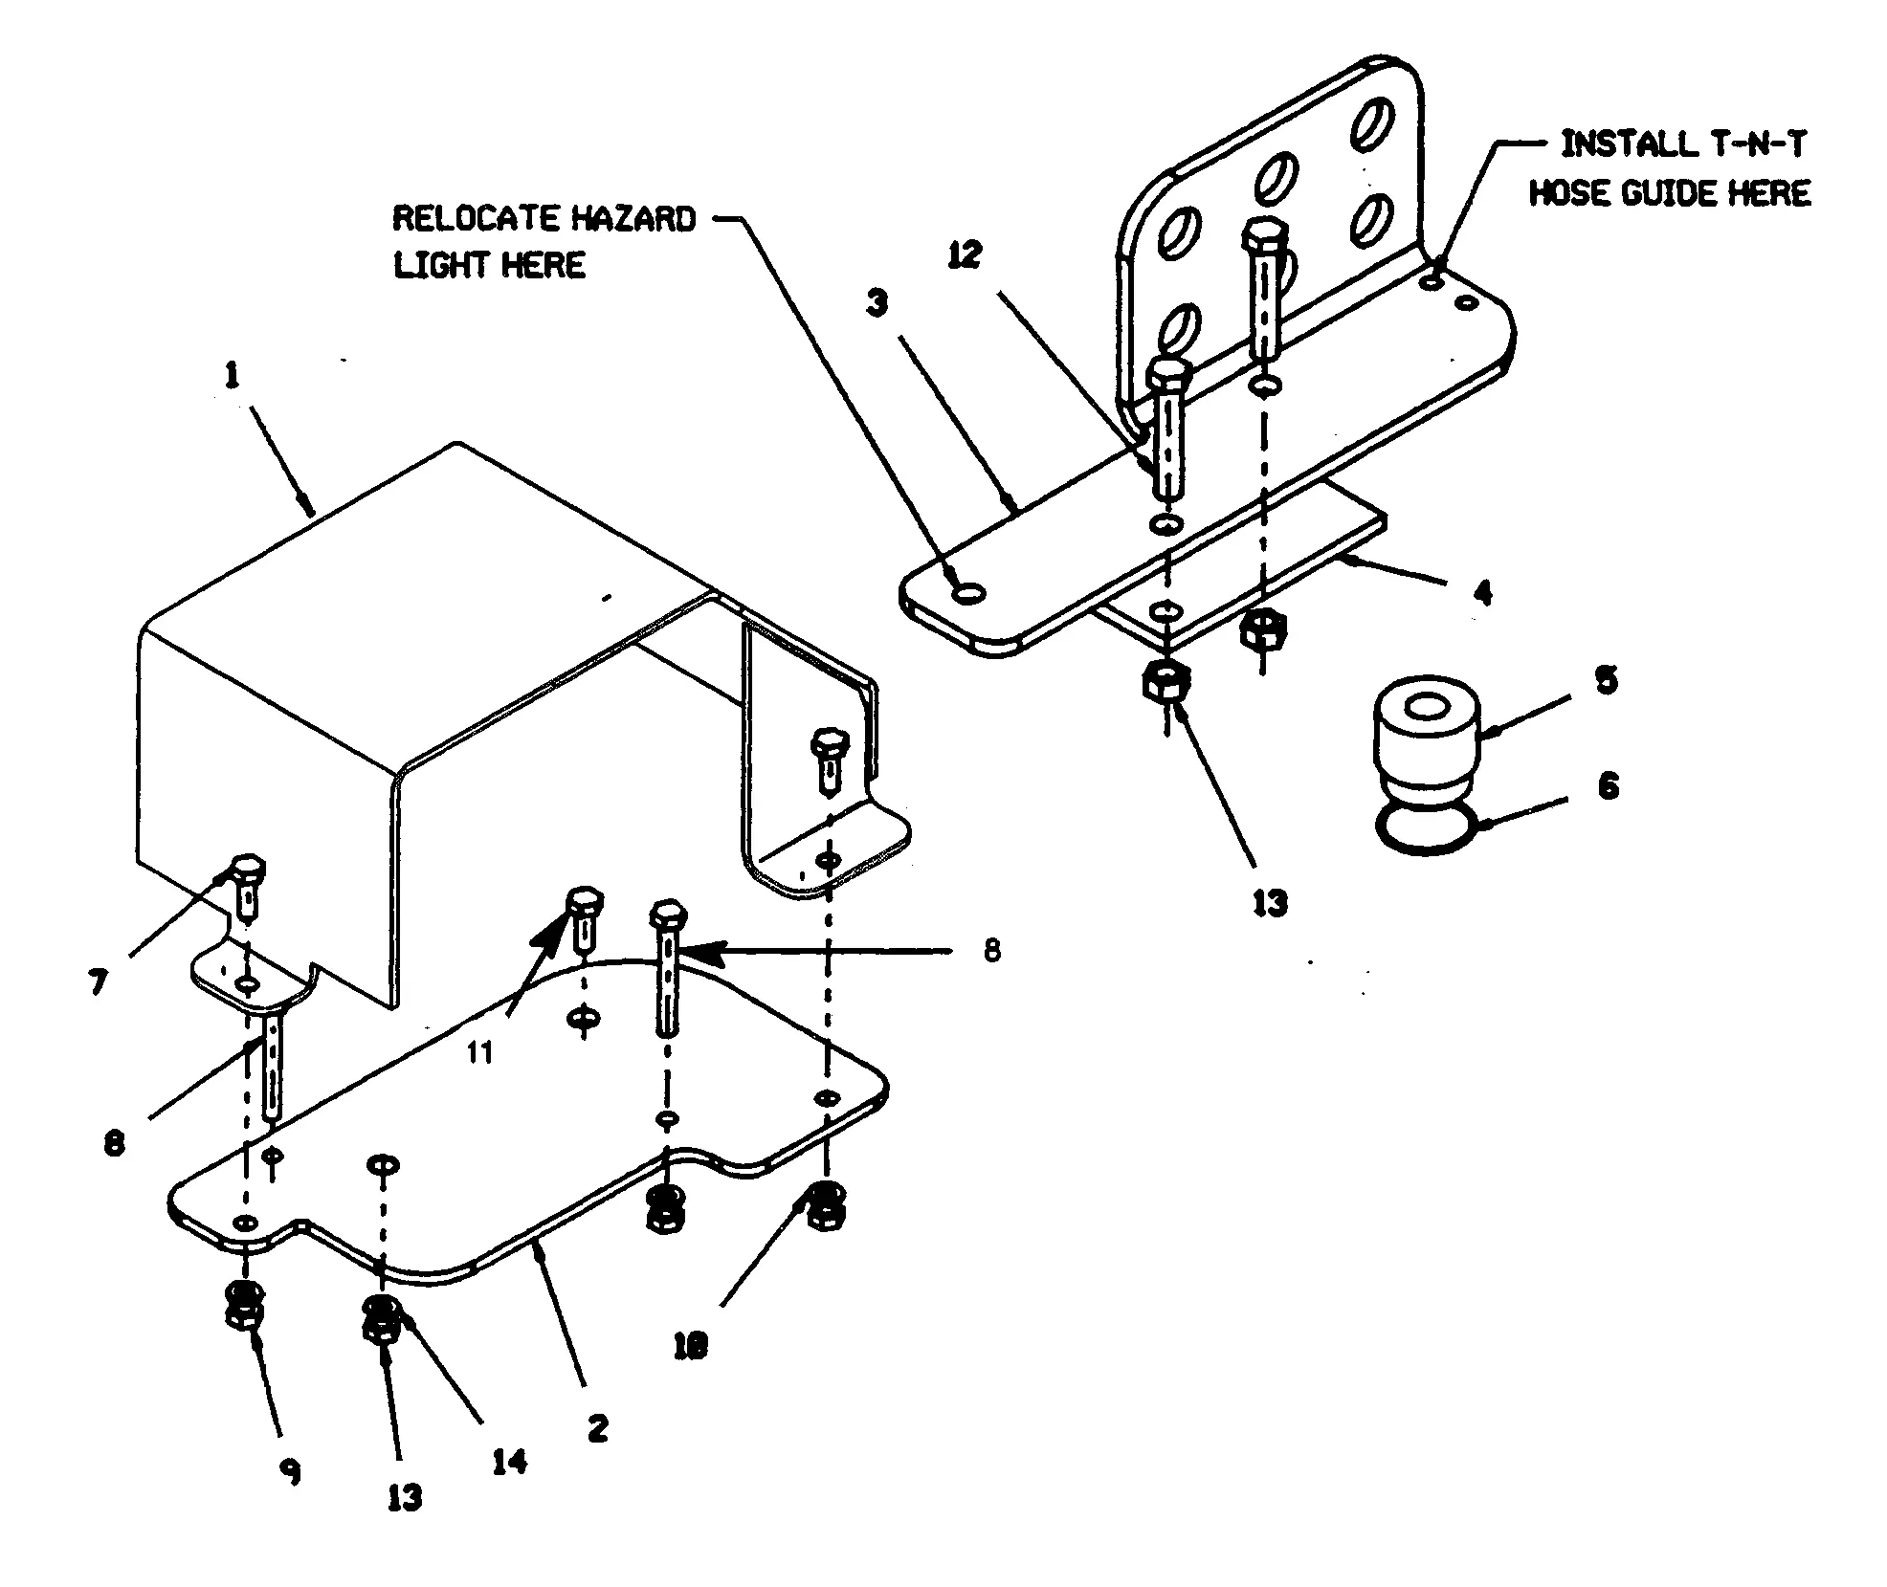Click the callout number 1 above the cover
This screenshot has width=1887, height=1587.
[x=232, y=376]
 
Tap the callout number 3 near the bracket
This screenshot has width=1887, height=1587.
[x=877, y=303]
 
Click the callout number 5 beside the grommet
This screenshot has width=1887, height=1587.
[x=1606, y=681]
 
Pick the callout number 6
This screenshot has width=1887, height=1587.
[x=1608, y=786]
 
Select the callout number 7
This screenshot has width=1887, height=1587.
[x=98, y=982]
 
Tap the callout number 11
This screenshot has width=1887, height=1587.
[x=479, y=1052]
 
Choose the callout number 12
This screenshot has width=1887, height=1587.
[x=965, y=255]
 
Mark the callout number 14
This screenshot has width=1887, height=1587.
[x=509, y=1462]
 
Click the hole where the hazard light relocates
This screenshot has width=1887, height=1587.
[x=969, y=594]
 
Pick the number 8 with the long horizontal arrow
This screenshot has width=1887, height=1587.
[x=991, y=950]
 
